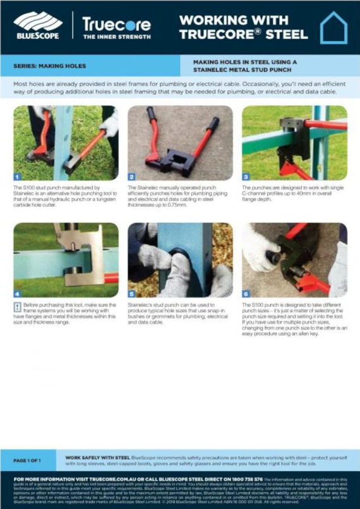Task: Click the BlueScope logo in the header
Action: pyautogui.click(x=37, y=25)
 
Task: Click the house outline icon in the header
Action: pyautogui.click(x=333, y=28)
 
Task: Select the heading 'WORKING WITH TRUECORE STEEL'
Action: pyautogui.click(x=243, y=27)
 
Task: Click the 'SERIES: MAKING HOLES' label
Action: pyautogui.click(x=50, y=66)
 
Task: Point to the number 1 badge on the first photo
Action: pyautogui.click(x=18, y=177)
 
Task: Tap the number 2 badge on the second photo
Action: pyautogui.click(x=131, y=177)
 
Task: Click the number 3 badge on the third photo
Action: pyautogui.click(x=246, y=177)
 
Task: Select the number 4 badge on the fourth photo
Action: pyautogui.click(x=18, y=294)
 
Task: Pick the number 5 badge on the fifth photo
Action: pyautogui.click(x=131, y=294)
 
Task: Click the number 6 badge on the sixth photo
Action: pyautogui.click(x=246, y=294)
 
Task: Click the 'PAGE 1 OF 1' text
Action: pyautogui.click(x=27, y=461)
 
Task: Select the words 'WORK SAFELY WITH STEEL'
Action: pyautogui.click(x=97, y=457)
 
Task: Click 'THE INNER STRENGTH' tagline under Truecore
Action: pyautogui.click(x=117, y=37)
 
